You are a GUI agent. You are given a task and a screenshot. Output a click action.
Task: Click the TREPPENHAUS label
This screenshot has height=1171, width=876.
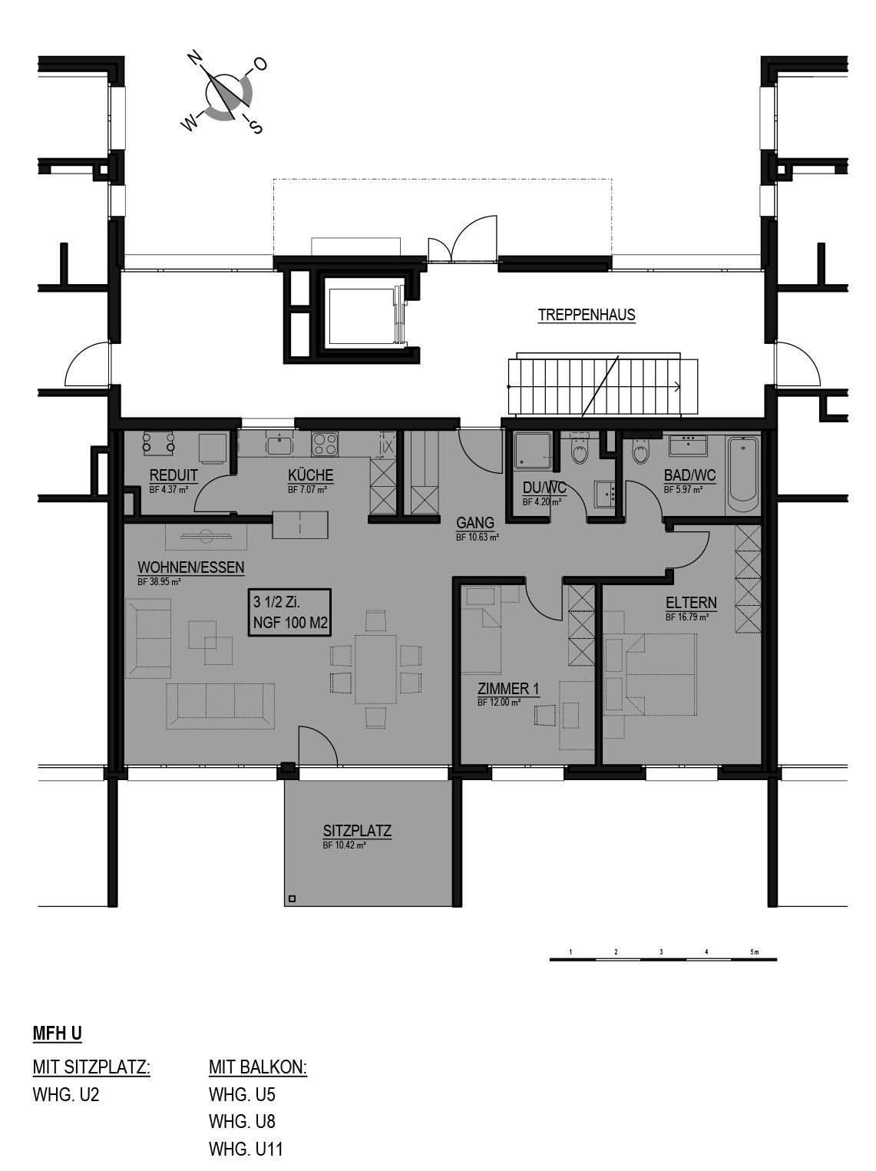[x=587, y=315]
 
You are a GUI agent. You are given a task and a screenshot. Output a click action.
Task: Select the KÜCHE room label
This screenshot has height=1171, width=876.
[x=310, y=475]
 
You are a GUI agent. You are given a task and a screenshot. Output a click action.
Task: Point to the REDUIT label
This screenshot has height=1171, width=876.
[x=174, y=475]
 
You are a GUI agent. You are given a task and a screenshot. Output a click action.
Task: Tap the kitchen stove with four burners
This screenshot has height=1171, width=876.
[x=325, y=445]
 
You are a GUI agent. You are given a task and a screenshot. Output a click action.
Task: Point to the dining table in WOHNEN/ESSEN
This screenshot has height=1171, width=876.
[x=376, y=669]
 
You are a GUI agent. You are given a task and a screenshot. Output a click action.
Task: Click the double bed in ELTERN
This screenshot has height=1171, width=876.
[x=660, y=674]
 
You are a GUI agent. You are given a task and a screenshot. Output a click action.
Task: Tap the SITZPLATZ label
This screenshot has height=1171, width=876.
[x=357, y=831]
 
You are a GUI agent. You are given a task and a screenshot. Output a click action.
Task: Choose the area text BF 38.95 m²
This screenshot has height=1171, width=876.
[x=159, y=582]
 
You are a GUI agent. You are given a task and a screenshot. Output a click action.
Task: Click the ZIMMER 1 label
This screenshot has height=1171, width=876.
[x=508, y=689]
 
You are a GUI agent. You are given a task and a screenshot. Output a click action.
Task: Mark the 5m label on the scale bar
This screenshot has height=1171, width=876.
[x=755, y=951]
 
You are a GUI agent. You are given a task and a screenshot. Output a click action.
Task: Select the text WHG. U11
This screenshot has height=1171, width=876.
[x=246, y=1148]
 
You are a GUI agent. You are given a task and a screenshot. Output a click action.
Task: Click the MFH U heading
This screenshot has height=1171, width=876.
[x=58, y=1034]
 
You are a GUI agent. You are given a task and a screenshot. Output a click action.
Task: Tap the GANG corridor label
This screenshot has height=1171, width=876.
[x=474, y=523]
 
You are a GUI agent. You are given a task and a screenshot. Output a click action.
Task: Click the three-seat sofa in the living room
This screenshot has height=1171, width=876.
[x=220, y=706]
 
